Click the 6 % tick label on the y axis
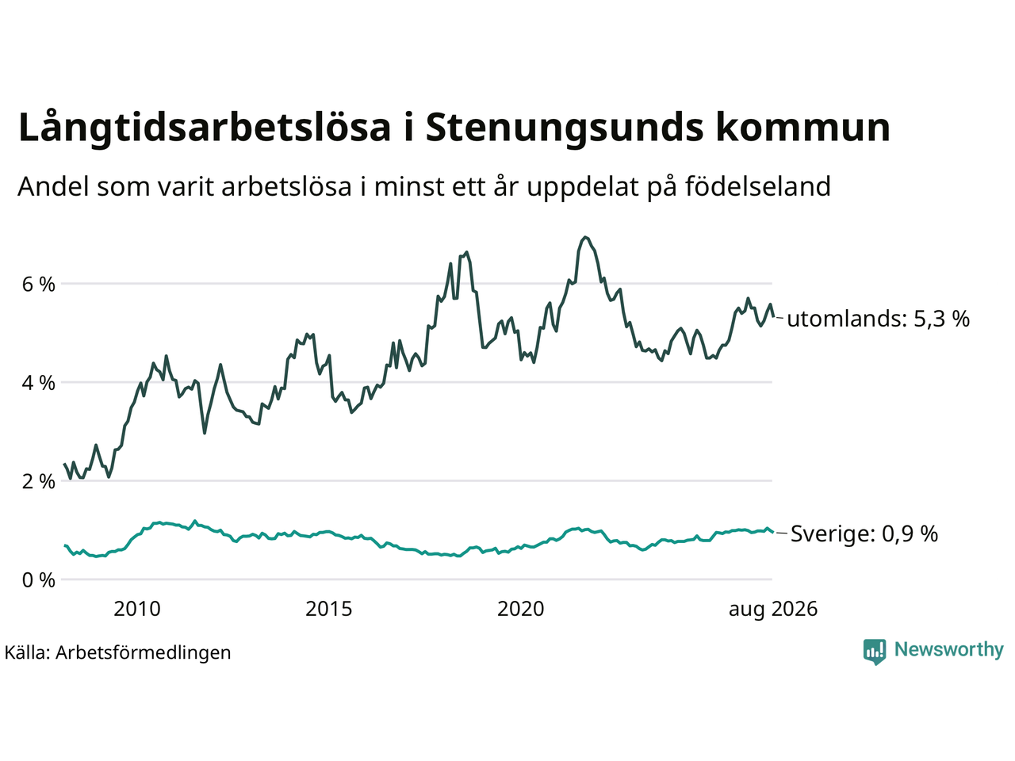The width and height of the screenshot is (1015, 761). (38, 285)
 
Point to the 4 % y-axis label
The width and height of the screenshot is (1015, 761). (38, 383)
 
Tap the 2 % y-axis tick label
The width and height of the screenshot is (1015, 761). (38, 482)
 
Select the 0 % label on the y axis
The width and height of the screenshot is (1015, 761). (38, 580)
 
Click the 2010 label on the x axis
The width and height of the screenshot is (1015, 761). (137, 610)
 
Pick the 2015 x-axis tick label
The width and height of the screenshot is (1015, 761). (329, 610)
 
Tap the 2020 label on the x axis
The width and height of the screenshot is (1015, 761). (521, 610)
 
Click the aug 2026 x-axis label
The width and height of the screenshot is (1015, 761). (773, 610)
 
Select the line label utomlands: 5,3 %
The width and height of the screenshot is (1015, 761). (878, 319)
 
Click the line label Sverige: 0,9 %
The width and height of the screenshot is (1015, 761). (864, 533)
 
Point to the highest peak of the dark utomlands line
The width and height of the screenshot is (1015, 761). (585, 237)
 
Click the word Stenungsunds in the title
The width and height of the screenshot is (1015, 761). (565, 128)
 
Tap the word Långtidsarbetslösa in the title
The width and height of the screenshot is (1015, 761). (205, 127)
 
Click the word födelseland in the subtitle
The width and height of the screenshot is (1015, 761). (758, 186)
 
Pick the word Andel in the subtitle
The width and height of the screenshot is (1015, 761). (53, 186)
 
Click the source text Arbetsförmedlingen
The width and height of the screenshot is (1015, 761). (143, 653)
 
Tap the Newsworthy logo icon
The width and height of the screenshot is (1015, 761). (875, 652)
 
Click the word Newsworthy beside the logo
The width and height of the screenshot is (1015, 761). (949, 650)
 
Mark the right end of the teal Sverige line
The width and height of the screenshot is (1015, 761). (773, 532)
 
